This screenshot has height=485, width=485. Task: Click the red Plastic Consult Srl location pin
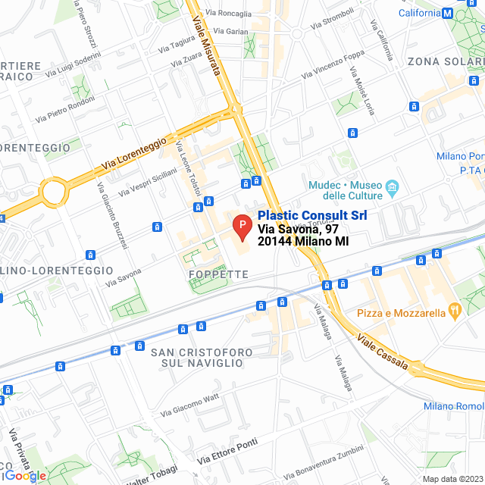point(241,227)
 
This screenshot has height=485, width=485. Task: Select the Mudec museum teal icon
point(392,186)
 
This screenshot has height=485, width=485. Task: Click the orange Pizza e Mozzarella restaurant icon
point(454,310)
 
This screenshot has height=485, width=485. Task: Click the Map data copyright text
point(452,479)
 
